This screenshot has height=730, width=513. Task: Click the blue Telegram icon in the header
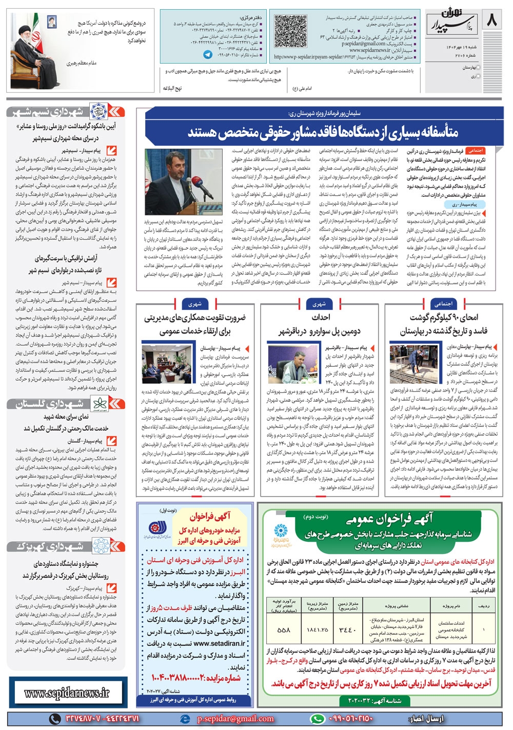point(208,54)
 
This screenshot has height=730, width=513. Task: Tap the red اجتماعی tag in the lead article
point(475,151)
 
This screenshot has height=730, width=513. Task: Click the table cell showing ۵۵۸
point(283,630)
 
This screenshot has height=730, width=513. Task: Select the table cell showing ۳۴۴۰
point(348,630)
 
